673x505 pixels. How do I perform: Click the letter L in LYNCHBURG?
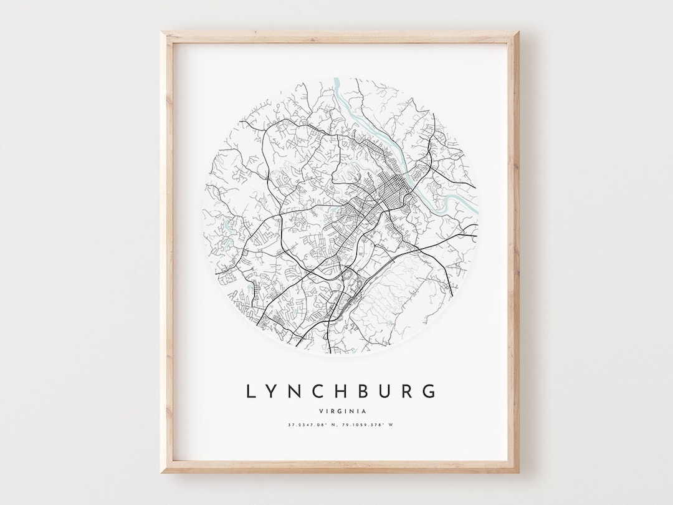[251, 392]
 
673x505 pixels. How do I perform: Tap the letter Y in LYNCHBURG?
[271, 392]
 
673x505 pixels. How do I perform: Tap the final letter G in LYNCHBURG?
[429, 392]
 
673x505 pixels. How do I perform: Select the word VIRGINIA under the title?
[341, 411]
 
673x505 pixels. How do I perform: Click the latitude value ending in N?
[312, 425]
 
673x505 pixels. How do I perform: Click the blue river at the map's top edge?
[340, 87]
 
